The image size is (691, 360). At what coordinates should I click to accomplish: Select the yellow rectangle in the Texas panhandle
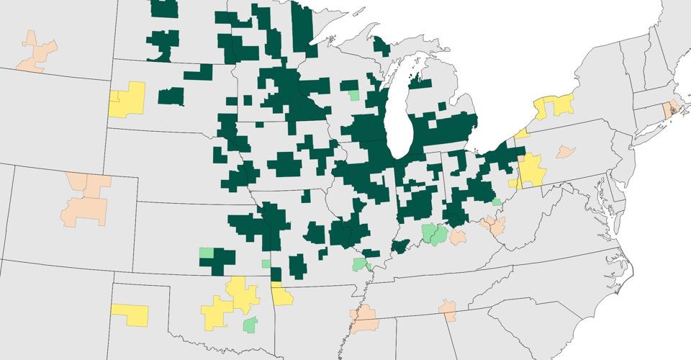pyautogui.click(x=130, y=315)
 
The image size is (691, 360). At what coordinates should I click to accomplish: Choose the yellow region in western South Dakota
pyautogui.click(x=127, y=99)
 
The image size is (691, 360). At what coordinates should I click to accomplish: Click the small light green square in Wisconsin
pyautogui.click(x=353, y=94)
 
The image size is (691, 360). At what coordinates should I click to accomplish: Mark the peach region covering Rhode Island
pyautogui.click(x=669, y=109)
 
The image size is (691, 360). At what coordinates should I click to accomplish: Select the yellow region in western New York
pyautogui.click(x=555, y=106)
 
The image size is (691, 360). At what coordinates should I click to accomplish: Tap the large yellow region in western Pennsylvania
pyautogui.click(x=531, y=169)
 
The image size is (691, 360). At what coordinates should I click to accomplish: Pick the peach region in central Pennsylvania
pyautogui.click(x=566, y=151)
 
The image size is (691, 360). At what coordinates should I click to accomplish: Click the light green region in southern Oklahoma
pyautogui.click(x=250, y=325)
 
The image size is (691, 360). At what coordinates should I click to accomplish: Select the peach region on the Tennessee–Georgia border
pyautogui.click(x=448, y=310)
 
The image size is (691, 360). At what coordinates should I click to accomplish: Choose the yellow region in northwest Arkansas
pyautogui.click(x=281, y=295)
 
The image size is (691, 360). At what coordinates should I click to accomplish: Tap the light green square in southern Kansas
pyautogui.click(x=206, y=253)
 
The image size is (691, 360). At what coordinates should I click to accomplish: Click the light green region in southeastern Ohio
pyautogui.click(x=497, y=202)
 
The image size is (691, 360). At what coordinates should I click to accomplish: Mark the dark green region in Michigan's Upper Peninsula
pyautogui.click(x=381, y=47)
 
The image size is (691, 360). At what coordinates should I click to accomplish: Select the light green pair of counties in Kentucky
pyautogui.click(x=433, y=233)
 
